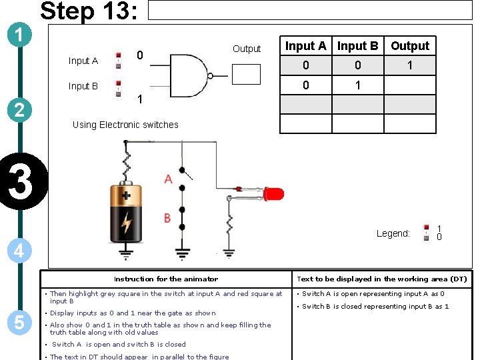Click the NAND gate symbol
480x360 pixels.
[191, 74]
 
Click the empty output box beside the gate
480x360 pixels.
[246, 74]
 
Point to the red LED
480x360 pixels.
[273, 194]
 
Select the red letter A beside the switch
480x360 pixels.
[168, 179]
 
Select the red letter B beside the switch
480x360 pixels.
[168, 219]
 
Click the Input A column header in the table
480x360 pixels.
[305, 46]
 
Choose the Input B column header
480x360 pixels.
[357, 46]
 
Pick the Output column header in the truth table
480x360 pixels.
[410, 46]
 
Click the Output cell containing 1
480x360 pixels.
[410, 65]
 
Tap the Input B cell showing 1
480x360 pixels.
[357, 85]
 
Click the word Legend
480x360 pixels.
[393, 233]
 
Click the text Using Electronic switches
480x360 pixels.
[125, 125]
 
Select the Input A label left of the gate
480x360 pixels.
[83, 61]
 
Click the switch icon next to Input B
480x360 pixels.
[119, 87]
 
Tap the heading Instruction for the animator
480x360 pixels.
[166, 279]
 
